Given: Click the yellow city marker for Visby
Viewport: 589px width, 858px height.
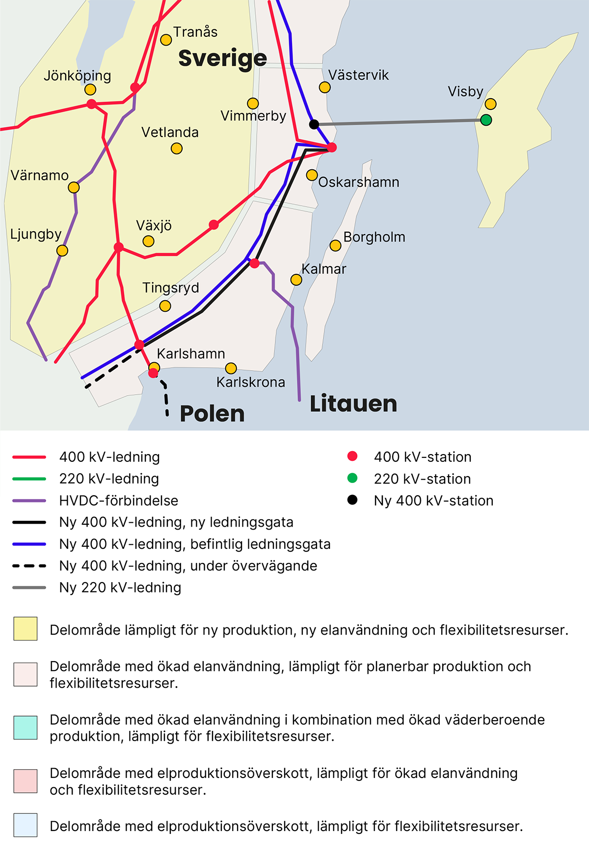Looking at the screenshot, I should point(490,104).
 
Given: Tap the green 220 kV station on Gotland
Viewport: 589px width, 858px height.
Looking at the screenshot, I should point(486,120).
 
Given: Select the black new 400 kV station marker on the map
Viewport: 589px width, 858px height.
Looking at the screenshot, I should point(314,124).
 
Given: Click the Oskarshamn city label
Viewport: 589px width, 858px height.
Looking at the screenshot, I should point(359,182).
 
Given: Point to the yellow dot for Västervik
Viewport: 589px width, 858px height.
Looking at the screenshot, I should point(324,87).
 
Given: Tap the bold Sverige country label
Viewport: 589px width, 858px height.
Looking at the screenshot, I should point(222,58).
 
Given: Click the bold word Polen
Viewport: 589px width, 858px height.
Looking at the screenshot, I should point(212,414).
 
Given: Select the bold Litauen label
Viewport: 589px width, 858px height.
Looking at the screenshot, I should point(353,404).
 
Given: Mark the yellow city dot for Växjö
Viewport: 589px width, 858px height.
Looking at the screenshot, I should point(148,241).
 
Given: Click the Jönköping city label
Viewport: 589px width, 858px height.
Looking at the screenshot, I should point(77,76).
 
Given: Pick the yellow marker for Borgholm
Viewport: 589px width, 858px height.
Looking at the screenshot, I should point(335,245).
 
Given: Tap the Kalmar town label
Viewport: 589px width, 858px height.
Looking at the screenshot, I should point(323,269).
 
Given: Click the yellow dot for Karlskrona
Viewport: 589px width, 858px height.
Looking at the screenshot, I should point(231,368).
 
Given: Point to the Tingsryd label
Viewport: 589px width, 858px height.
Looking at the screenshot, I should point(170,288).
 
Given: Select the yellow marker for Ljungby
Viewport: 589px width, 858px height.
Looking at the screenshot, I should point(62,251).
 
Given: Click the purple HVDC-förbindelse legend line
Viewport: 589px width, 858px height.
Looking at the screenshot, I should point(29,501).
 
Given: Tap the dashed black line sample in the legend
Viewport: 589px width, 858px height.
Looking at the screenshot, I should point(29,566).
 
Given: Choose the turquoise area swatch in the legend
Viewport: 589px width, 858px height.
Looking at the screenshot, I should point(26,727).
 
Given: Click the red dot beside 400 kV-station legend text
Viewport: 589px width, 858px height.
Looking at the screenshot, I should point(352,456).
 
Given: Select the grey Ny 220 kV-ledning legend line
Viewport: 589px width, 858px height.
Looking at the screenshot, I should point(29,588).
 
